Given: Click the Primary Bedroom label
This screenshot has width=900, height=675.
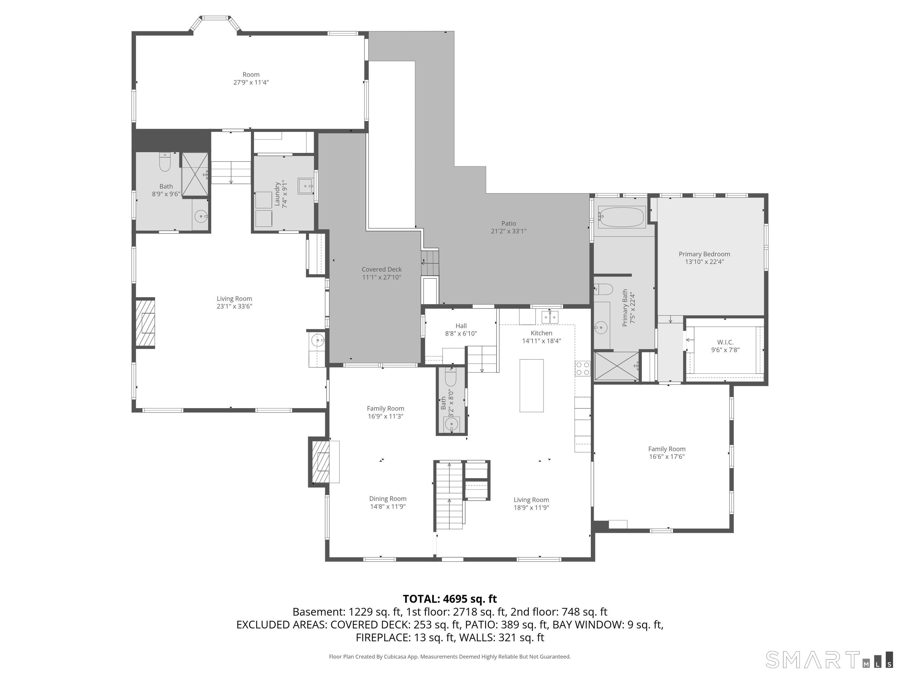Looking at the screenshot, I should (704, 254).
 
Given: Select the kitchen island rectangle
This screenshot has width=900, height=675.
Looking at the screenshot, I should (531, 385).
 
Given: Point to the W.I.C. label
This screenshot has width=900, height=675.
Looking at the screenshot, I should (725, 342).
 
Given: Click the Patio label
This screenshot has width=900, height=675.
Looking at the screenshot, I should (509, 223).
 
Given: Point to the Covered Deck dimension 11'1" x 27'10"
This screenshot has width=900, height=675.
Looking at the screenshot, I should (382, 277).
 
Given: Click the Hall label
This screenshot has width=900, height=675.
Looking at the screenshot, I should (461, 325).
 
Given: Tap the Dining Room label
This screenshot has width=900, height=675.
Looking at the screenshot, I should (388, 498).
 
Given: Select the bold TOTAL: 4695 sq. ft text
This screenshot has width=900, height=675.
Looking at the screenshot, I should (450, 599).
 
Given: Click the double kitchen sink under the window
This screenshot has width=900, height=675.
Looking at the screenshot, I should (550, 316).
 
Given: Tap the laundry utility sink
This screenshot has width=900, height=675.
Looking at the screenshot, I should (305, 186).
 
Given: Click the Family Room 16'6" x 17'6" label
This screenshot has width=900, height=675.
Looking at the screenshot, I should (667, 449).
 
